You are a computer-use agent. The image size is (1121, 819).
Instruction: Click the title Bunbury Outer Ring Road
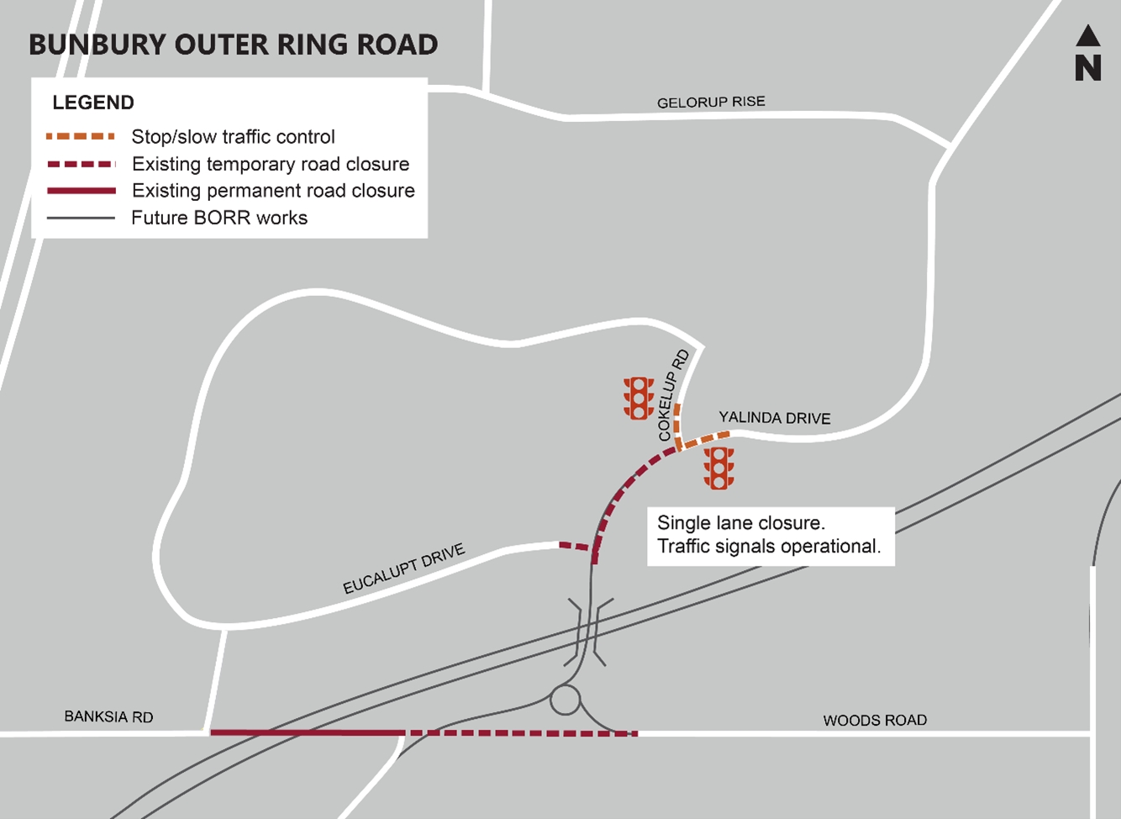click(234, 45)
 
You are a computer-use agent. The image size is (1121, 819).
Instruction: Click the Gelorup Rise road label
click(711, 102)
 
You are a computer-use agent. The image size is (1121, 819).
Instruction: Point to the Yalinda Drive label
click(774, 417)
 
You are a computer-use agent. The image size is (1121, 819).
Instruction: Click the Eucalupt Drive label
click(403, 569)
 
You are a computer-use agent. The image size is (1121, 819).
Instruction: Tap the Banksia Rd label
click(108, 716)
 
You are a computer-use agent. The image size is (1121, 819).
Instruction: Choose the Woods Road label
click(875, 720)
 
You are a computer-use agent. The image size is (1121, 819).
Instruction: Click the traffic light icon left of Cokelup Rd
click(639, 398)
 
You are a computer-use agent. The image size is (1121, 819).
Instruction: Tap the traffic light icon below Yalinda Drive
click(718, 468)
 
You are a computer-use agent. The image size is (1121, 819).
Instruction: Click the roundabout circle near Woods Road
click(566, 700)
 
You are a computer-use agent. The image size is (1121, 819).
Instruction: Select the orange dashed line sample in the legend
click(81, 136)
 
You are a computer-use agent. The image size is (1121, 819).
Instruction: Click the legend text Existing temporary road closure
click(271, 164)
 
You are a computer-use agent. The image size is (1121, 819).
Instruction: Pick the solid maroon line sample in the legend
click(81, 191)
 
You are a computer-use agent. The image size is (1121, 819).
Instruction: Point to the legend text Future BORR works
click(219, 218)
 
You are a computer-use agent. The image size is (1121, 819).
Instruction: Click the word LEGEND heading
click(93, 103)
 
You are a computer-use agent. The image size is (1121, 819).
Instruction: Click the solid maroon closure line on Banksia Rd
click(307, 733)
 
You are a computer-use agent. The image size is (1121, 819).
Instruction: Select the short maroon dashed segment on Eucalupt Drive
click(575, 547)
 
